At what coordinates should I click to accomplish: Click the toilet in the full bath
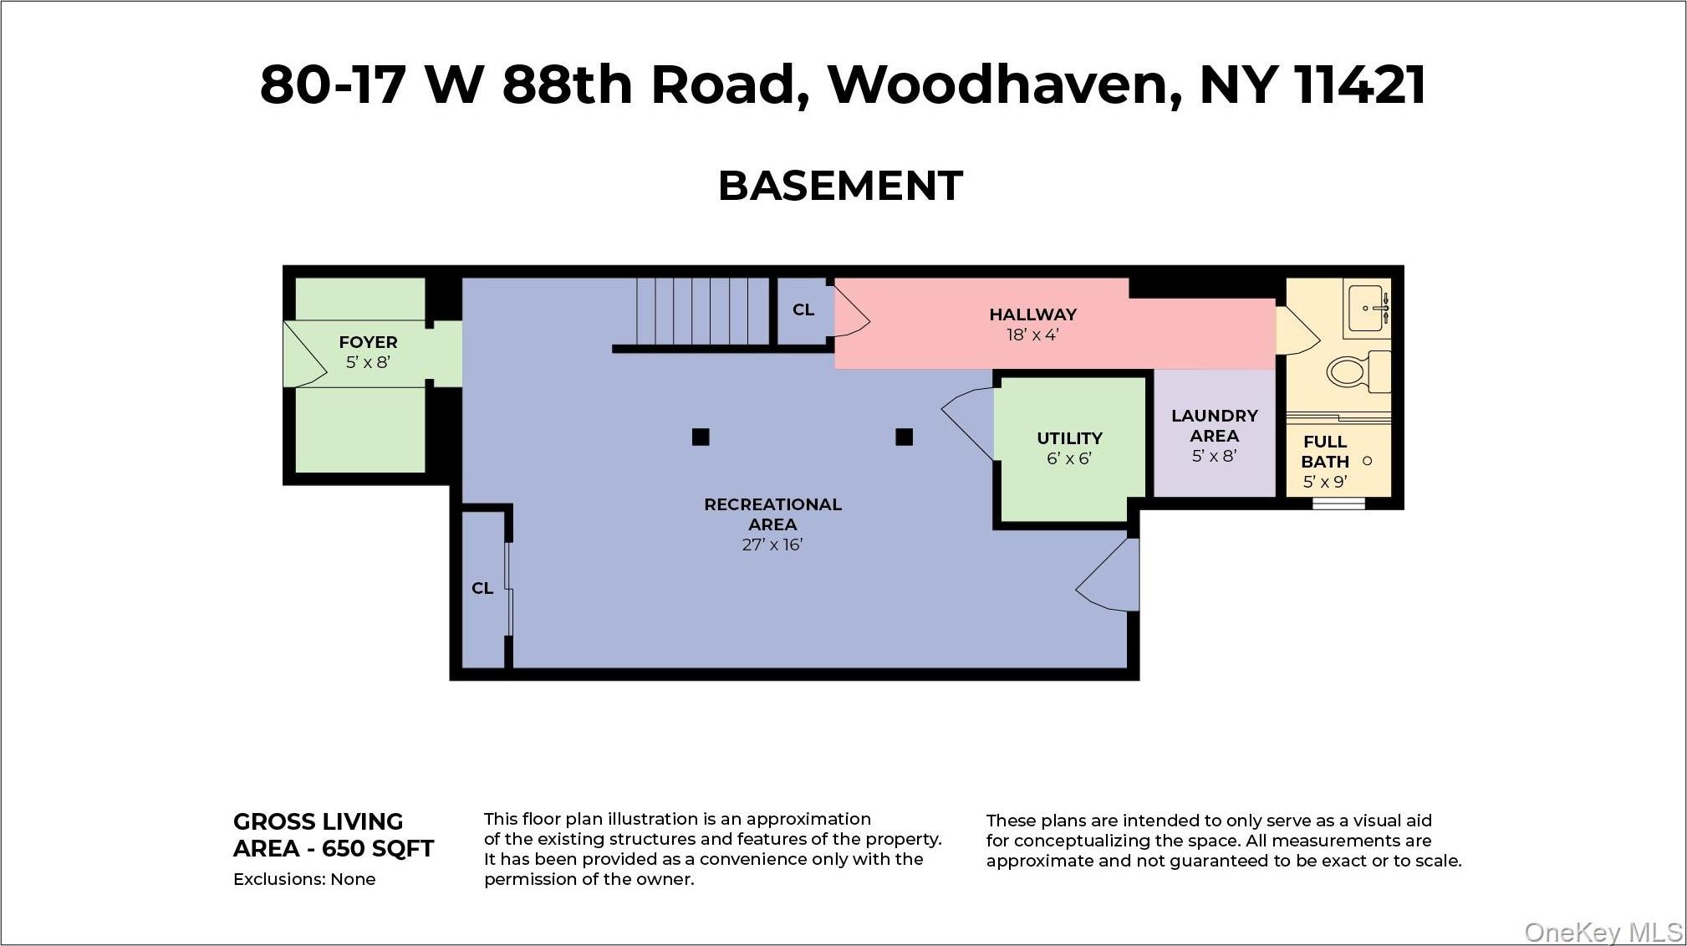pyautogui.click(x=1356, y=371)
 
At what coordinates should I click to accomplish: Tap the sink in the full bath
pyautogui.click(x=1368, y=309)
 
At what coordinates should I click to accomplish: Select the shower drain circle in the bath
pyautogui.click(x=1368, y=461)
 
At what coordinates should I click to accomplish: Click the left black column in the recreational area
pyautogui.click(x=701, y=437)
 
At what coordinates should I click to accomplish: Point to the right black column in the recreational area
pyautogui.click(x=904, y=437)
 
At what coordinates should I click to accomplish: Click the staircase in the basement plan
pyautogui.click(x=702, y=311)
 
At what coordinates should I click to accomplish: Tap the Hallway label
pyautogui.click(x=1032, y=314)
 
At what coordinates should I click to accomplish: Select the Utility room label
pyautogui.click(x=1069, y=438)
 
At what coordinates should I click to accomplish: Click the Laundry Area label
pyautogui.click(x=1214, y=426)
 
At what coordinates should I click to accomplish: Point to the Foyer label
pyautogui.click(x=368, y=342)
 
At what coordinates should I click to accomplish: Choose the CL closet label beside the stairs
pyautogui.click(x=803, y=309)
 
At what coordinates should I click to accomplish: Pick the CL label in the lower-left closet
pyautogui.click(x=482, y=588)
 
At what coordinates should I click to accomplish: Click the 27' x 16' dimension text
pyautogui.click(x=772, y=545)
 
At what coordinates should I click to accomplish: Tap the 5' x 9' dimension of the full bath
pyautogui.click(x=1325, y=482)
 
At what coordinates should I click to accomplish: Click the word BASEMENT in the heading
pyautogui.click(x=840, y=186)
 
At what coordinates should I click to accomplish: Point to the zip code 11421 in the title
pyautogui.click(x=1359, y=84)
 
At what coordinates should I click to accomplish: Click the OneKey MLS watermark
pyautogui.click(x=1603, y=932)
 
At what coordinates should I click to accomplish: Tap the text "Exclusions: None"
pyautogui.click(x=304, y=879)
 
